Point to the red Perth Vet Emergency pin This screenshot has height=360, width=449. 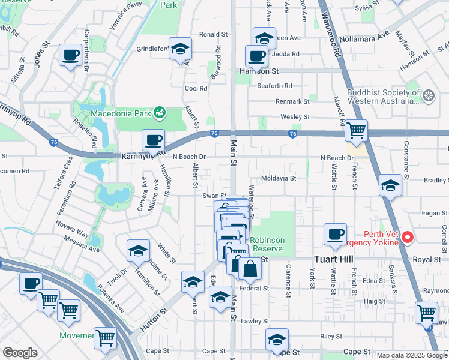click(x=408, y=238)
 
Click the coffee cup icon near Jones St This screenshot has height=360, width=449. click(x=70, y=56)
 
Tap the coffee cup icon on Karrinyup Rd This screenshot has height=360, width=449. click(x=153, y=140)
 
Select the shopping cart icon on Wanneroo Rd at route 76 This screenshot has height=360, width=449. click(x=357, y=129)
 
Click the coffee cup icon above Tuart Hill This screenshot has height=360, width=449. click(x=335, y=234)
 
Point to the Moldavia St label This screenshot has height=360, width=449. click(x=279, y=178)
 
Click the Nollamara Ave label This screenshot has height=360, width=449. click(x=381, y=37)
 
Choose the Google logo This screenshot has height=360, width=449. click(x=20, y=353)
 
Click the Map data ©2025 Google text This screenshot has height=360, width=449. click(x=412, y=355)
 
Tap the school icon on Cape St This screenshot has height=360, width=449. click(x=277, y=339)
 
